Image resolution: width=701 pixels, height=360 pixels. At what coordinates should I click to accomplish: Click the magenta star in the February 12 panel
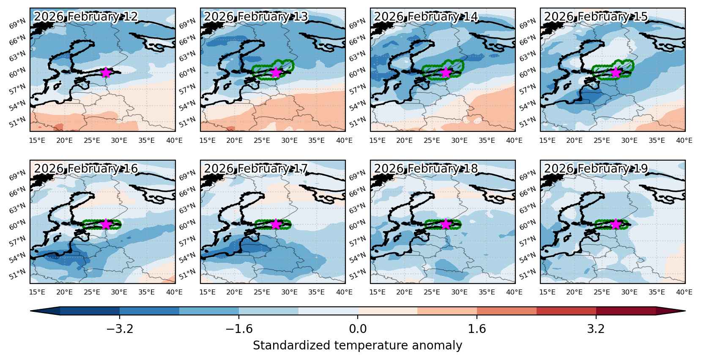[x=106, y=72]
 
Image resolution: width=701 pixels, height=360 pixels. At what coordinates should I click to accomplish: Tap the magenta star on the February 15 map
[x=616, y=72]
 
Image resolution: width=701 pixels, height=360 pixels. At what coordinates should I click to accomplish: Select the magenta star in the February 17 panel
[x=276, y=224]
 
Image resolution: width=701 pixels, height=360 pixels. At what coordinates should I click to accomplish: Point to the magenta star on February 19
[x=616, y=224]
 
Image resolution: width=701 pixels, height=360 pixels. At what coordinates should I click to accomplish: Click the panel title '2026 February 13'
[x=256, y=16]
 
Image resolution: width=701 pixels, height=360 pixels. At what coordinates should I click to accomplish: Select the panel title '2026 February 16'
[x=86, y=169]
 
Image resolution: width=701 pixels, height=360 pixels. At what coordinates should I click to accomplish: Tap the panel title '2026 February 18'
[x=426, y=169]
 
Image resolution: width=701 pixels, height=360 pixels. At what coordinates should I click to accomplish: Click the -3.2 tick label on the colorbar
[x=120, y=329]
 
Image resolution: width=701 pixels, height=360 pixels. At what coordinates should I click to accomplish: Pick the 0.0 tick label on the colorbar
[x=358, y=329]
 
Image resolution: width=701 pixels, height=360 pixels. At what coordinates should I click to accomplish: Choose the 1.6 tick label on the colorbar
[x=477, y=329]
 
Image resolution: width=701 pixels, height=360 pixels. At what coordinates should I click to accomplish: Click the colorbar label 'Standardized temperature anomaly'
[x=357, y=346]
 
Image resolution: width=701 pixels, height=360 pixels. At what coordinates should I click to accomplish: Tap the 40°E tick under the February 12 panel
[x=175, y=140]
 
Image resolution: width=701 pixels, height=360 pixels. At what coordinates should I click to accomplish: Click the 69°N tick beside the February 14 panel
[x=357, y=24]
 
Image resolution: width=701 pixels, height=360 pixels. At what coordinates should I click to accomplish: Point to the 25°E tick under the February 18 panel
[x=432, y=292]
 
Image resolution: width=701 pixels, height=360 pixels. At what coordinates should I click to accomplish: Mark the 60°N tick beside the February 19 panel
[x=527, y=224]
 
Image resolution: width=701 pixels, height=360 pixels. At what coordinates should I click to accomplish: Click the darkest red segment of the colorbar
[x=626, y=311]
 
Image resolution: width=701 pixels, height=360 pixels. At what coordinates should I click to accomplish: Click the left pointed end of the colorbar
[x=31, y=311]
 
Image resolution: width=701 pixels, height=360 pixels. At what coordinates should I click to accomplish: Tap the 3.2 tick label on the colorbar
[x=596, y=329]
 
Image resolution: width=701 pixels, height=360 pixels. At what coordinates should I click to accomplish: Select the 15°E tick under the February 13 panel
[x=208, y=140]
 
